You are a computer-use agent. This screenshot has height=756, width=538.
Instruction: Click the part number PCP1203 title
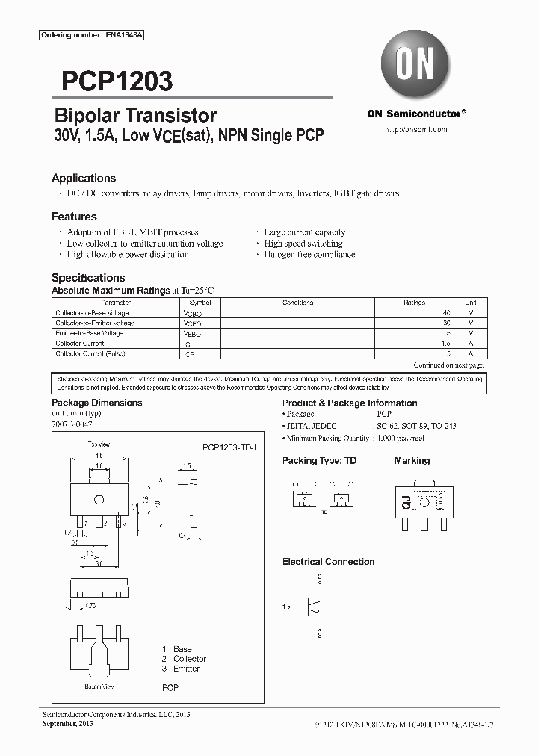tap(112, 81)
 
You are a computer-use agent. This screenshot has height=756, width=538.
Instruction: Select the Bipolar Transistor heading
tap(135, 115)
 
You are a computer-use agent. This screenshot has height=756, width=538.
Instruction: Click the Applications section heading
tap(84, 179)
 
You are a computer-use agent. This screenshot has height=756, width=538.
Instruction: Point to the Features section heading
tap(74, 217)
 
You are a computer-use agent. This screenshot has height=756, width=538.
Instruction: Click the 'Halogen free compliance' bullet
tap(309, 255)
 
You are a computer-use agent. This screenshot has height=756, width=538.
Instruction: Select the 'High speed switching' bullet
tap(303, 244)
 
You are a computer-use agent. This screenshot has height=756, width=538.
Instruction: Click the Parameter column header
tap(95, 303)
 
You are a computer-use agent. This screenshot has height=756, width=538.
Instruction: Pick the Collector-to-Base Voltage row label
tap(92, 313)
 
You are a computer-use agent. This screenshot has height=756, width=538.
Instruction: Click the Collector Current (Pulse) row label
tap(90, 353)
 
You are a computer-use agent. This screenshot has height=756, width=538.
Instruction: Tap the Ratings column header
tap(415, 303)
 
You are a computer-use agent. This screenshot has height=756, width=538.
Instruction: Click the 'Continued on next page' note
tap(448, 365)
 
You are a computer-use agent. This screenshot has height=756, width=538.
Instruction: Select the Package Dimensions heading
tap(96, 403)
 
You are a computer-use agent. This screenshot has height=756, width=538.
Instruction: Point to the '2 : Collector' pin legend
tap(184, 659)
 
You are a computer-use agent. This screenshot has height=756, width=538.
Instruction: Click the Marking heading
tap(412, 461)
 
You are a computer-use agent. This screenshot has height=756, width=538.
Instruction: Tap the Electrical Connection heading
tap(328, 562)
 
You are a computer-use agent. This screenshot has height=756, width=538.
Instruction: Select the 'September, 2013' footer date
tap(67, 724)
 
